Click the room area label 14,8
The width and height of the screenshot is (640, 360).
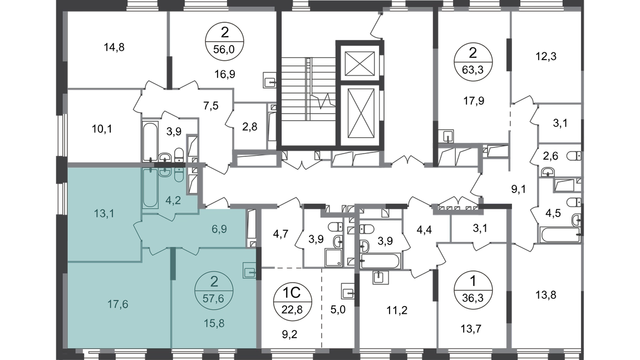tap(114, 47)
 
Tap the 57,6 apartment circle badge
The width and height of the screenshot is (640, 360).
tap(214, 290)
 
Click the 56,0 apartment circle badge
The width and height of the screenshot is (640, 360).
tap(224, 41)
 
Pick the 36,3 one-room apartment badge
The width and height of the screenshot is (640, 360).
tap(473, 290)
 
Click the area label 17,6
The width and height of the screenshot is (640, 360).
tap(117, 304)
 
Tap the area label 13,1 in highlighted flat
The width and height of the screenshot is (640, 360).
tap(104, 213)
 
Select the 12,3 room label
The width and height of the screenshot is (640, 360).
tap(546, 56)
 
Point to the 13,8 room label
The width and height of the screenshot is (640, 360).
tap(546, 295)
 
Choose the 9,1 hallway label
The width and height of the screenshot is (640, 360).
tap(518, 189)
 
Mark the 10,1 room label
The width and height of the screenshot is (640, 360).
tap(102, 129)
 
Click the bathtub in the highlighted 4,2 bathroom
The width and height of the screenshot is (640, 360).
tap(150, 188)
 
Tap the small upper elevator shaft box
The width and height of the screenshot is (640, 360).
tap(360, 63)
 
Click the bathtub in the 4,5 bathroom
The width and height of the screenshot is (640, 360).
tap(560, 235)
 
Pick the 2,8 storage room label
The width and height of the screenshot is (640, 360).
tap(249, 126)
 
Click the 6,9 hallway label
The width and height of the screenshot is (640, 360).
tap(219, 229)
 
